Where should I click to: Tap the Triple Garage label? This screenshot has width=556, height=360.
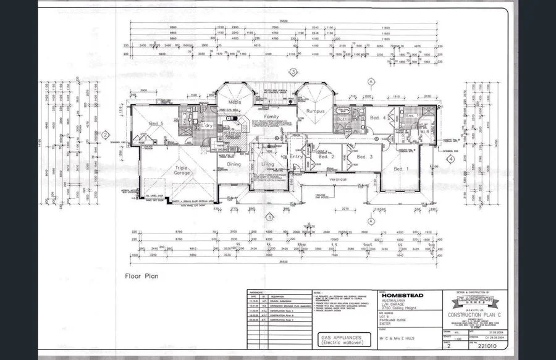coord(181,172)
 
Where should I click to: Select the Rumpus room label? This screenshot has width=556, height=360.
coord(315,111)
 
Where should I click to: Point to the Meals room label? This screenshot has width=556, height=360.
coord(234,103)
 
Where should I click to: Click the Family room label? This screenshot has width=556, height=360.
coord(272,116)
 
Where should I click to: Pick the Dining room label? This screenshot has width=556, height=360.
coord(234,164)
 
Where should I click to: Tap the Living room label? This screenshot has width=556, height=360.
coord(267,164)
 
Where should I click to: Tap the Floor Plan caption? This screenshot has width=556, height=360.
coord(141,277)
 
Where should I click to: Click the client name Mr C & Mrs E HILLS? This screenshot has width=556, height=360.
coord(398,339)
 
